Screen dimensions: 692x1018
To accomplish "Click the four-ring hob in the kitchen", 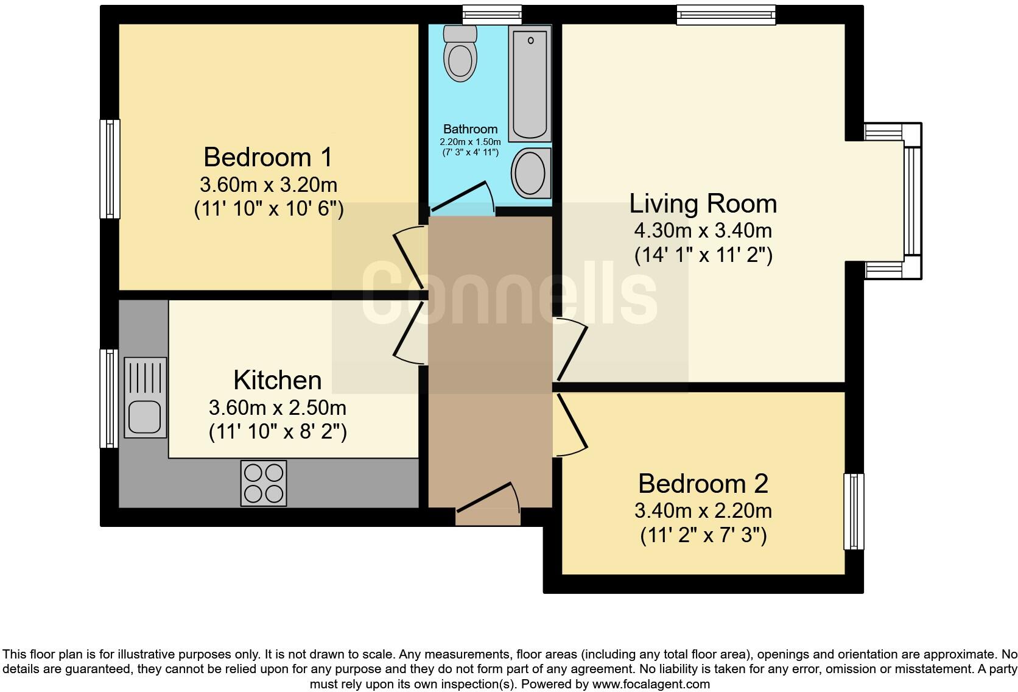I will pyautogui.click(x=264, y=483).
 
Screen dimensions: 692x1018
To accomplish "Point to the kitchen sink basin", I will pyautogui.click(x=145, y=417).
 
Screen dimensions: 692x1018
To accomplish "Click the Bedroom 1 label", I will pyautogui.click(x=268, y=157).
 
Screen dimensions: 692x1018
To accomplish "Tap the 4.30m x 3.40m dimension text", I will pyautogui.click(x=703, y=231).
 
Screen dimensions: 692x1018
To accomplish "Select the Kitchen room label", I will pyautogui.click(x=278, y=380).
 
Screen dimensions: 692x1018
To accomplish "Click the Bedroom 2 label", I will pyautogui.click(x=703, y=484).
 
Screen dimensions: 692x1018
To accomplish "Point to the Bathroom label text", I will pyautogui.click(x=470, y=129).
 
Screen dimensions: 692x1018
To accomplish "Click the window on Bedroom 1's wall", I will pyautogui.click(x=110, y=169).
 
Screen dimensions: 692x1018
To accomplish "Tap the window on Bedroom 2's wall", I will pyautogui.click(x=854, y=512).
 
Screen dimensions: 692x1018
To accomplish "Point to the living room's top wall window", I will pyautogui.click(x=726, y=15).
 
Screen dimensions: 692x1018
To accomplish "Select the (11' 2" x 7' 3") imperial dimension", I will pyautogui.click(x=703, y=536).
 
